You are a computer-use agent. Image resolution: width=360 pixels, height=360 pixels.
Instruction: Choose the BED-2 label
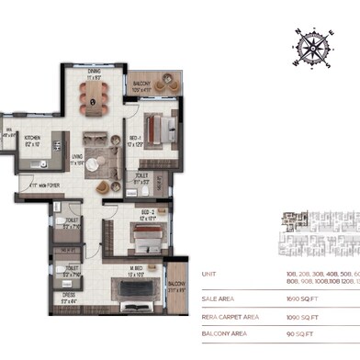coord(120,218)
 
